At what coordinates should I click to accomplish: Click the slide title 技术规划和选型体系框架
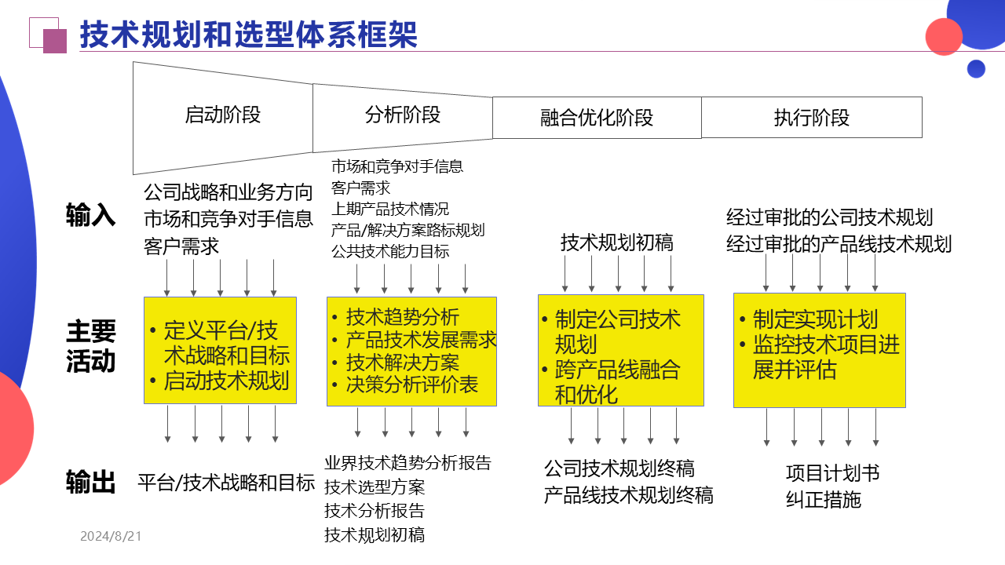pos(248,35)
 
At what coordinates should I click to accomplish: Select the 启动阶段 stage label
pos(222,115)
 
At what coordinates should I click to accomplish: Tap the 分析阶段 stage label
pos(403,115)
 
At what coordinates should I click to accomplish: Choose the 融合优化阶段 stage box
pos(597,118)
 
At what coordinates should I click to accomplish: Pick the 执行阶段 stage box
pos(811,118)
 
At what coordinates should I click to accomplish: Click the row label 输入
pos(90,215)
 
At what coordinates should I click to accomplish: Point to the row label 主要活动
pos(90,346)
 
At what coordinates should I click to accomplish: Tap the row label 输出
pos(90,482)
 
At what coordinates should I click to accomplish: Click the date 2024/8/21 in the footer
pos(111,537)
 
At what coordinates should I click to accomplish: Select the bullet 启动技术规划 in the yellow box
pos(226,381)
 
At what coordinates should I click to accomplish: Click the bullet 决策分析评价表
pos(411,385)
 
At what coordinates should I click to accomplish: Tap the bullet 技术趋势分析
pos(402,317)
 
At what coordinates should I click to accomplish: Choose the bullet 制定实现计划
pos(815,319)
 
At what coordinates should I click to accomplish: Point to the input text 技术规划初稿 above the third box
pos(616,243)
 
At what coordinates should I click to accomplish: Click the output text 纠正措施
pos(823,499)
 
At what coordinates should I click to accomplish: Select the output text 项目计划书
pos(832,473)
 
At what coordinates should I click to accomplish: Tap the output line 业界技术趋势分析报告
pos(407,463)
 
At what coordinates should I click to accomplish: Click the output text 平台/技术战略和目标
pos(226,482)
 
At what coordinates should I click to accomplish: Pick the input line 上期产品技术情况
pos(390,209)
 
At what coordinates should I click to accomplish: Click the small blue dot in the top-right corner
pos(976,69)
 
